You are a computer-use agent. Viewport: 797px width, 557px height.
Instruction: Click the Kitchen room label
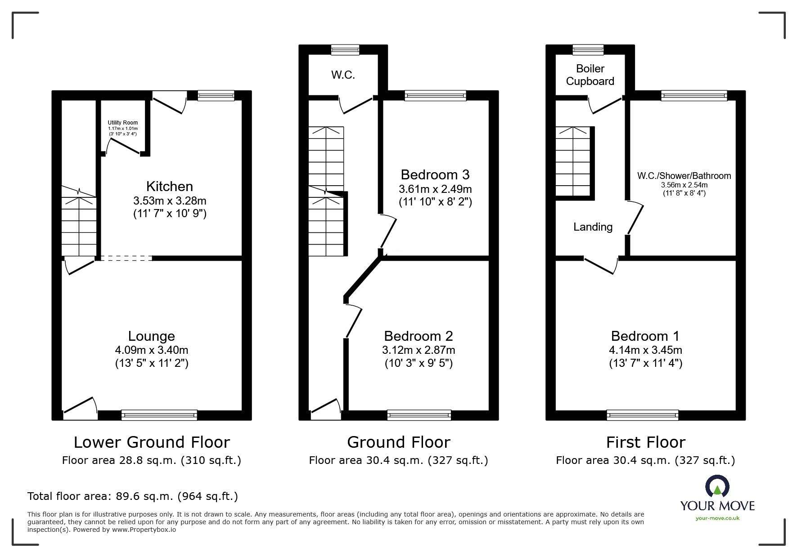click(x=169, y=186)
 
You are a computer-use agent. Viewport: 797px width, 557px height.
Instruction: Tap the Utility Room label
click(x=122, y=123)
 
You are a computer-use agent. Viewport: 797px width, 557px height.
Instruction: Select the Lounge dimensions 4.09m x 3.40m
click(x=151, y=350)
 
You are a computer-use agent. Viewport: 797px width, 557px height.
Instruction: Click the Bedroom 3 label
click(x=435, y=174)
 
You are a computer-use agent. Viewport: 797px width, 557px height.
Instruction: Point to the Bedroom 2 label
click(x=418, y=336)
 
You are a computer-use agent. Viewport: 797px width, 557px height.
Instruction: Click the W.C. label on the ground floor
click(x=343, y=75)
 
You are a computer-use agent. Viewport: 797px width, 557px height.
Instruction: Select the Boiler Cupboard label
click(x=590, y=75)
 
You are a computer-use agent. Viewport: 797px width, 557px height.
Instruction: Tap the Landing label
click(x=593, y=227)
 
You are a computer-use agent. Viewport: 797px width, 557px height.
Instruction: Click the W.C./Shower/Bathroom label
click(x=684, y=176)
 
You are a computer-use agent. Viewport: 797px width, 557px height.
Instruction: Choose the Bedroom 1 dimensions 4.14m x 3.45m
click(x=645, y=350)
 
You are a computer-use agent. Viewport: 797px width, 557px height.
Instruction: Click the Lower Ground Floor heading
click(x=152, y=442)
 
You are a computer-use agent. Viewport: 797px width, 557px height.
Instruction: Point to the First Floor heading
click(x=645, y=442)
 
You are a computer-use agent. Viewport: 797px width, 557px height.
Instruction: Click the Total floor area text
click(x=133, y=496)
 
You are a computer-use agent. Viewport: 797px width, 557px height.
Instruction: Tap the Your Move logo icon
click(x=716, y=487)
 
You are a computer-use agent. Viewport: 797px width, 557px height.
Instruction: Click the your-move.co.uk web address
click(x=717, y=518)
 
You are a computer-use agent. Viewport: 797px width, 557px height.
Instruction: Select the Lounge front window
click(x=159, y=414)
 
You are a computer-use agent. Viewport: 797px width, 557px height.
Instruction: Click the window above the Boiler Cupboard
click(x=588, y=49)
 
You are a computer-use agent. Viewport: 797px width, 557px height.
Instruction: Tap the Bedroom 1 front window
click(x=642, y=414)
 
